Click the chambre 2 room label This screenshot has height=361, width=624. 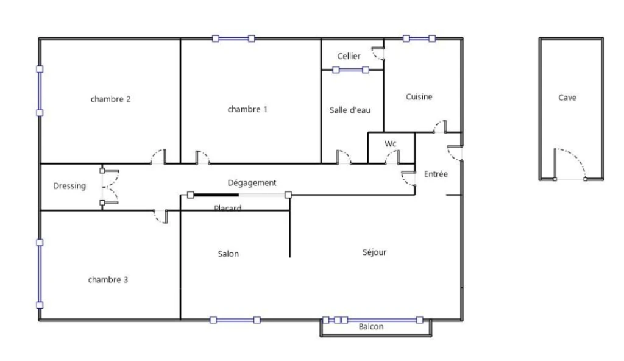[x=111, y=99]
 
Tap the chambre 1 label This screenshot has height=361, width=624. [x=247, y=109]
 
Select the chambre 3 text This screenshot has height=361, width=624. [x=108, y=280]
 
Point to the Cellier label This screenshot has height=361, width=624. [x=349, y=56]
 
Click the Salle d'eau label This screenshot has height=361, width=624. [x=350, y=110]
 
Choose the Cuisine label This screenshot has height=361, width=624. [x=419, y=96]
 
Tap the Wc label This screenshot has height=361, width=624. [x=391, y=143]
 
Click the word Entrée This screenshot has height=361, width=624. [x=436, y=174]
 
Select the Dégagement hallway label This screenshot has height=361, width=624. [x=252, y=183]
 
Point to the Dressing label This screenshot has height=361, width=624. [x=69, y=186]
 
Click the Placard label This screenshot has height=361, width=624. [x=228, y=207]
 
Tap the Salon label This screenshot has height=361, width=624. [x=229, y=254]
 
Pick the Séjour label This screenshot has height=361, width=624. [x=375, y=252]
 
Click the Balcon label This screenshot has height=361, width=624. [x=371, y=327]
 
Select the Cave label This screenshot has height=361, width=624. [x=567, y=98]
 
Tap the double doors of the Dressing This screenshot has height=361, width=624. [x=110, y=187]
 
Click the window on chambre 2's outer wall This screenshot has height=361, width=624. [x=40, y=91]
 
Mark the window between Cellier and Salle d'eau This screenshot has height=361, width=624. [x=350, y=70]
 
